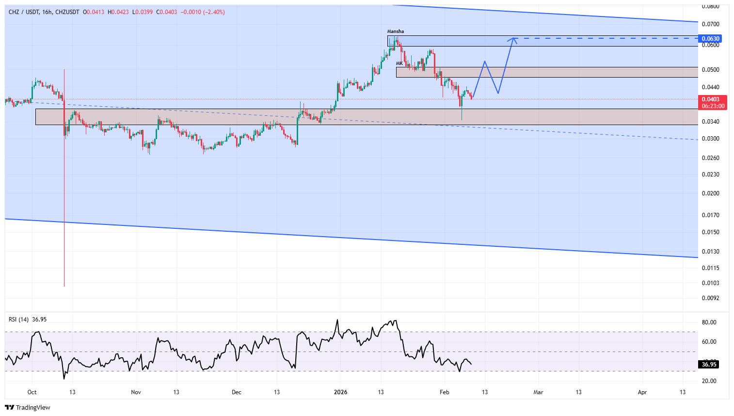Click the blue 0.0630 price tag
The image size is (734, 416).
(x=710, y=38)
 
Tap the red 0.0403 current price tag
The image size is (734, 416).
(x=711, y=99)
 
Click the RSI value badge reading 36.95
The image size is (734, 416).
(x=709, y=365)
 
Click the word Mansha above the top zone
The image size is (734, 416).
(x=395, y=32)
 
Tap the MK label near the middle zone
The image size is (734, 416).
(x=399, y=64)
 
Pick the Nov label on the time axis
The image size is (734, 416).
(x=136, y=392)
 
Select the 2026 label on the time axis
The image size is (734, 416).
(x=341, y=392)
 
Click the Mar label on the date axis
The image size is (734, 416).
(x=538, y=392)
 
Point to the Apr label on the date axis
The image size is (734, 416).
(x=642, y=392)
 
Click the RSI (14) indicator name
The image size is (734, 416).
(x=19, y=320)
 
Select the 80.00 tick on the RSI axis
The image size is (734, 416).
(x=709, y=322)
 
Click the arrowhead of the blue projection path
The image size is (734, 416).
(x=513, y=39)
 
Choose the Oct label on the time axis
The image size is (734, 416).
(x=32, y=392)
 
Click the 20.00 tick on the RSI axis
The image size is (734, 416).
(x=709, y=381)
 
